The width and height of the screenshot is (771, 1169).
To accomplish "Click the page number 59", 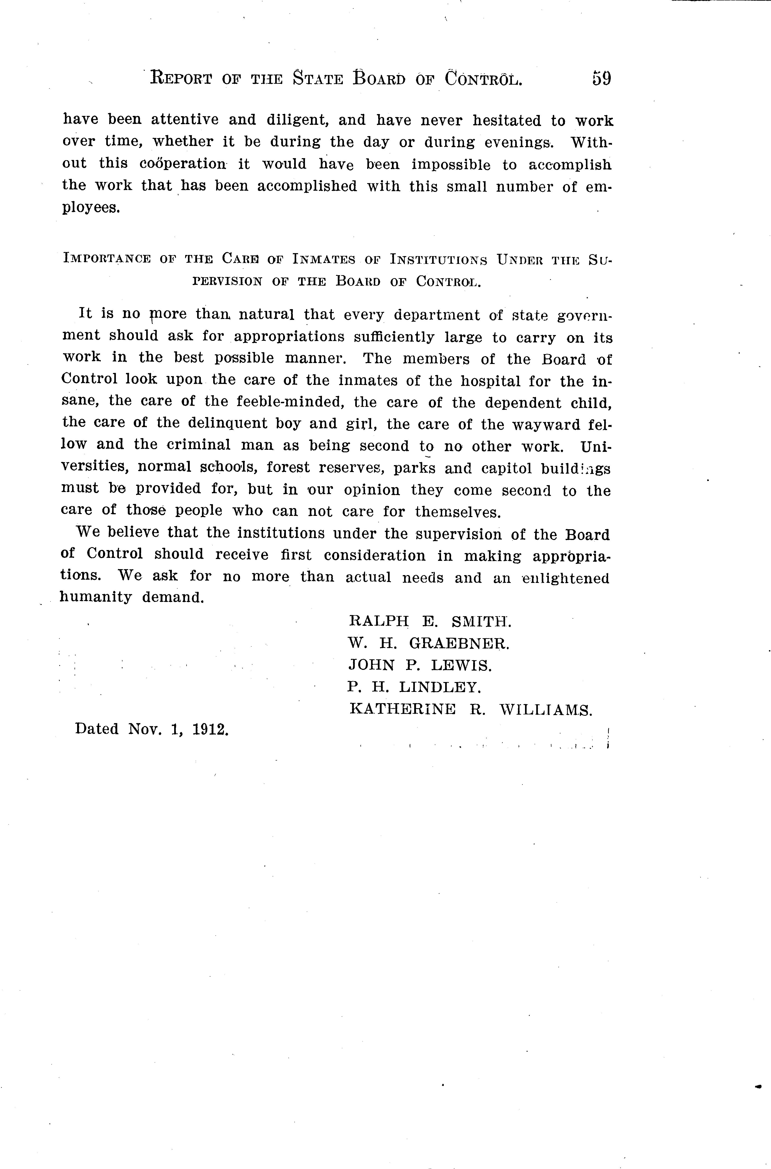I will (601, 79).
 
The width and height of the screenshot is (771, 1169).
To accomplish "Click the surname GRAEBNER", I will (459, 644).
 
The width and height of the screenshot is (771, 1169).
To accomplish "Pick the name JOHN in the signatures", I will (371, 666).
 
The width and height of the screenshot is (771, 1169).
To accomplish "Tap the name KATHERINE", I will (402, 709).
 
